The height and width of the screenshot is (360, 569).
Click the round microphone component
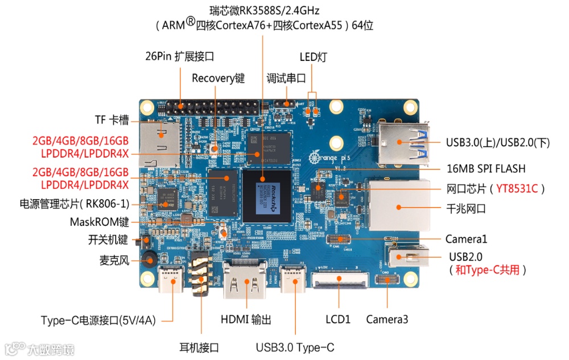149,260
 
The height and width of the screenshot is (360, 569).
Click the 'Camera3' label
387,320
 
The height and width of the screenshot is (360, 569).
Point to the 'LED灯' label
313,57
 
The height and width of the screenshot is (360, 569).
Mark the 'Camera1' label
466,239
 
